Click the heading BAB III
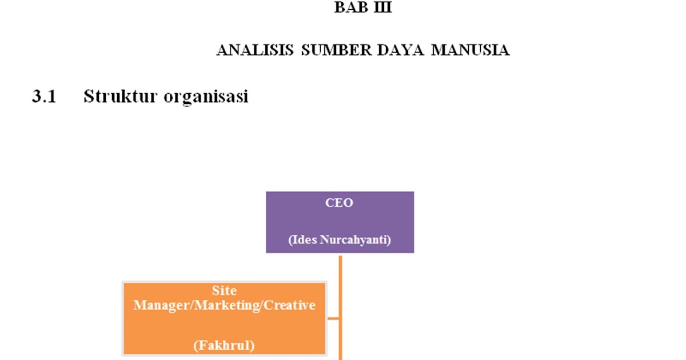(x=363, y=9)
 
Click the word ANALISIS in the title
(x=255, y=50)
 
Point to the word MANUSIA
(x=470, y=50)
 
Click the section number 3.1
(x=43, y=97)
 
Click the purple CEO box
(x=340, y=222)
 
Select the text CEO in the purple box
(x=340, y=203)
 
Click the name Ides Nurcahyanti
(x=340, y=240)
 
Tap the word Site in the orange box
(x=224, y=291)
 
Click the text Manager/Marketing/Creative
(x=224, y=305)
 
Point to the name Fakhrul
(x=224, y=345)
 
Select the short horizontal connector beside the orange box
(x=333, y=318)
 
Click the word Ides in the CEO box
(x=301, y=240)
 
